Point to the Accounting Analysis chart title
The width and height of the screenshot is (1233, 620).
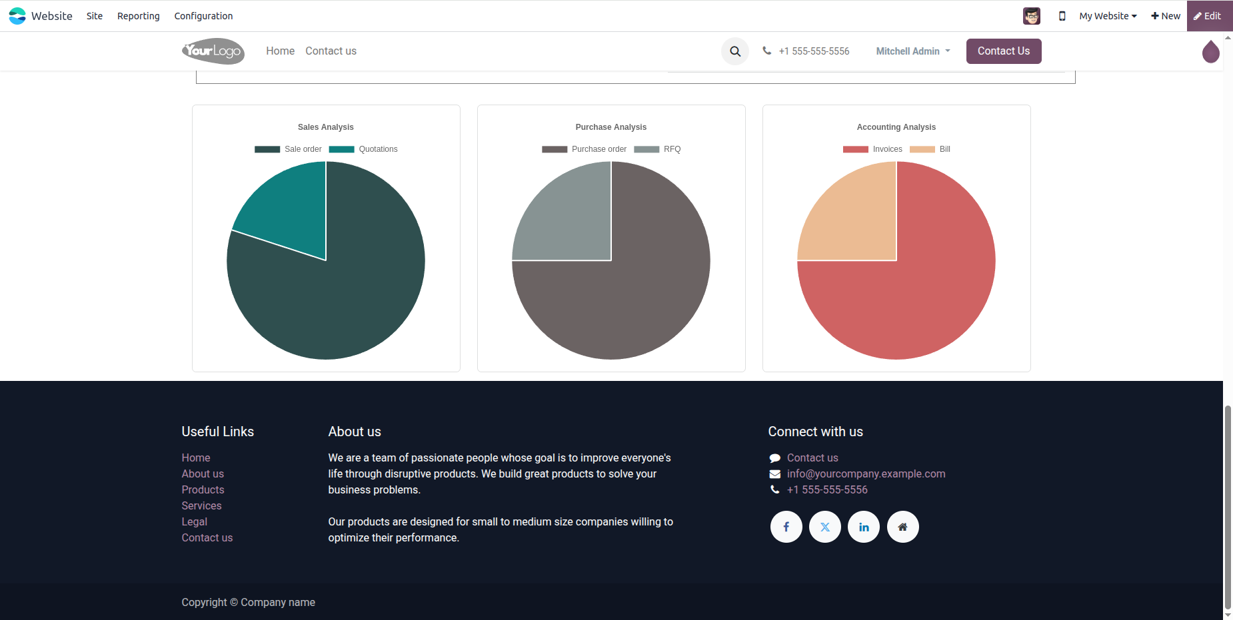[896, 127]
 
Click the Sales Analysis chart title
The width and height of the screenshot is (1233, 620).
[325, 127]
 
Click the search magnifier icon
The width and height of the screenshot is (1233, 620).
[735, 51]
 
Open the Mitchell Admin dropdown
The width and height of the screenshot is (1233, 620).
[912, 51]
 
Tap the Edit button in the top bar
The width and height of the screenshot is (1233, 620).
[1208, 16]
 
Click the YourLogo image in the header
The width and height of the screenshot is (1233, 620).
[213, 51]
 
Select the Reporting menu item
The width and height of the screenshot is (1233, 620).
[139, 16]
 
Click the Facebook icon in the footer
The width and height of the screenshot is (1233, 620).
[786, 527]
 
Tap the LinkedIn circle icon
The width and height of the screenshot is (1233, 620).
[864, 527]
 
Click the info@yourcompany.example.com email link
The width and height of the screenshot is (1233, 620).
[866, 473]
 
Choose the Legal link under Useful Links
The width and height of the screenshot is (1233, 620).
[195, 521]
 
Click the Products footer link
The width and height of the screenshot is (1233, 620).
[203, 489]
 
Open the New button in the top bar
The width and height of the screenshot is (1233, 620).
[1166, 16]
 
